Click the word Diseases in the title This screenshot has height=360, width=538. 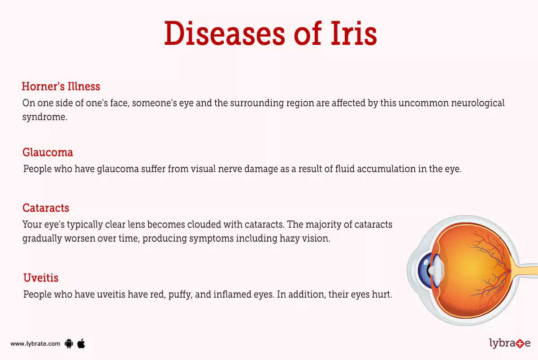point(224,34)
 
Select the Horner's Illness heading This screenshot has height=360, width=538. point(61,86)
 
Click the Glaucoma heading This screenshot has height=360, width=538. point(48,152)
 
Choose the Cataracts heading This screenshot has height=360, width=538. point(46,208)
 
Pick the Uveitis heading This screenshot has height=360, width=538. point(41,278)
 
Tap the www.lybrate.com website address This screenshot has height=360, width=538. point(35,344)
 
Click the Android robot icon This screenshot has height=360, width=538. point(69,344)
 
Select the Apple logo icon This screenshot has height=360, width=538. point(81,343)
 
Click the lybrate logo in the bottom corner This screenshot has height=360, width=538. point(509,343)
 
